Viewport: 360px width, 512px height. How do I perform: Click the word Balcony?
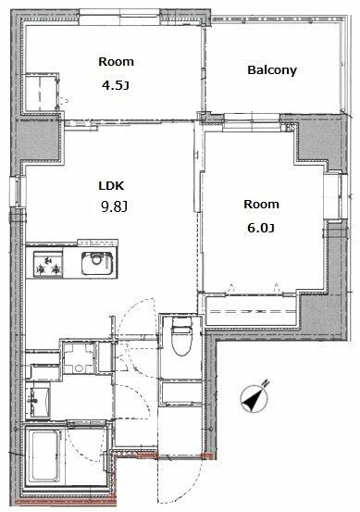[271, 69]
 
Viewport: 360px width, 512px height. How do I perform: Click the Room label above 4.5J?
[116, 62]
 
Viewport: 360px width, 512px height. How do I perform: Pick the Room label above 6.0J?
[260, 204]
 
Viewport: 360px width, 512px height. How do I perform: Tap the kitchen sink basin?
[96, 263]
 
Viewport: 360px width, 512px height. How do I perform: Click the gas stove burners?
[46, 266]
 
